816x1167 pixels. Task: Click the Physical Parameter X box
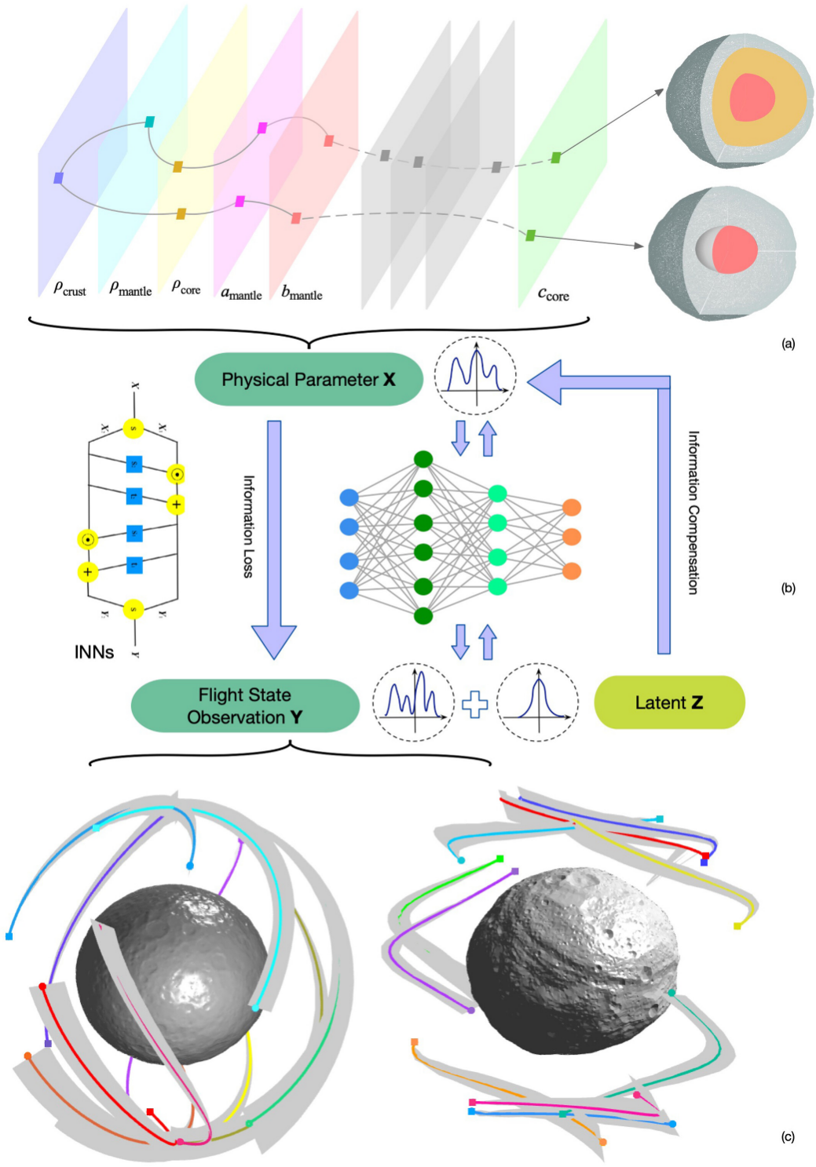(x=308, y=380)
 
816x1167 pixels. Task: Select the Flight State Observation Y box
(x=244, y=706)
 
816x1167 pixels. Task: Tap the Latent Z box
(x=668, y=702)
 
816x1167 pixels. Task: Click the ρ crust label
(x=69, y=289)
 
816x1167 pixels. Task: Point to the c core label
(x=553, y=294)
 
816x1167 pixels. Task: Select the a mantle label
(x=240, y=294)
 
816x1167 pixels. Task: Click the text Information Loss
(x=248, y=527)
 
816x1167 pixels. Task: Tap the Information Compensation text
(x=693, y=512)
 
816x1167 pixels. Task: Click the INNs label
(x=93, y=652)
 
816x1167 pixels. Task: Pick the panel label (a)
(x=788, y=343)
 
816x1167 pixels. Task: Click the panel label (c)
(x=788, y=1136)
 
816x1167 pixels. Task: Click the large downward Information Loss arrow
(x=273, y=542)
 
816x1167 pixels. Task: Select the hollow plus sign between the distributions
(x=474, y=704)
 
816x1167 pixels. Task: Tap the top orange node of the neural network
(x=572, y=508)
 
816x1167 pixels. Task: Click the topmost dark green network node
(x=423, y=459)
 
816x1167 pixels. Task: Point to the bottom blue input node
(x=349, y=590)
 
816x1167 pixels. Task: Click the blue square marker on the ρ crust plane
(x=58, y=179)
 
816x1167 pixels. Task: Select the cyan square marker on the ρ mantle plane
(x=149, y=122)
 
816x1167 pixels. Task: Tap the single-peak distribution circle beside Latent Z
(x=538, y=702)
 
